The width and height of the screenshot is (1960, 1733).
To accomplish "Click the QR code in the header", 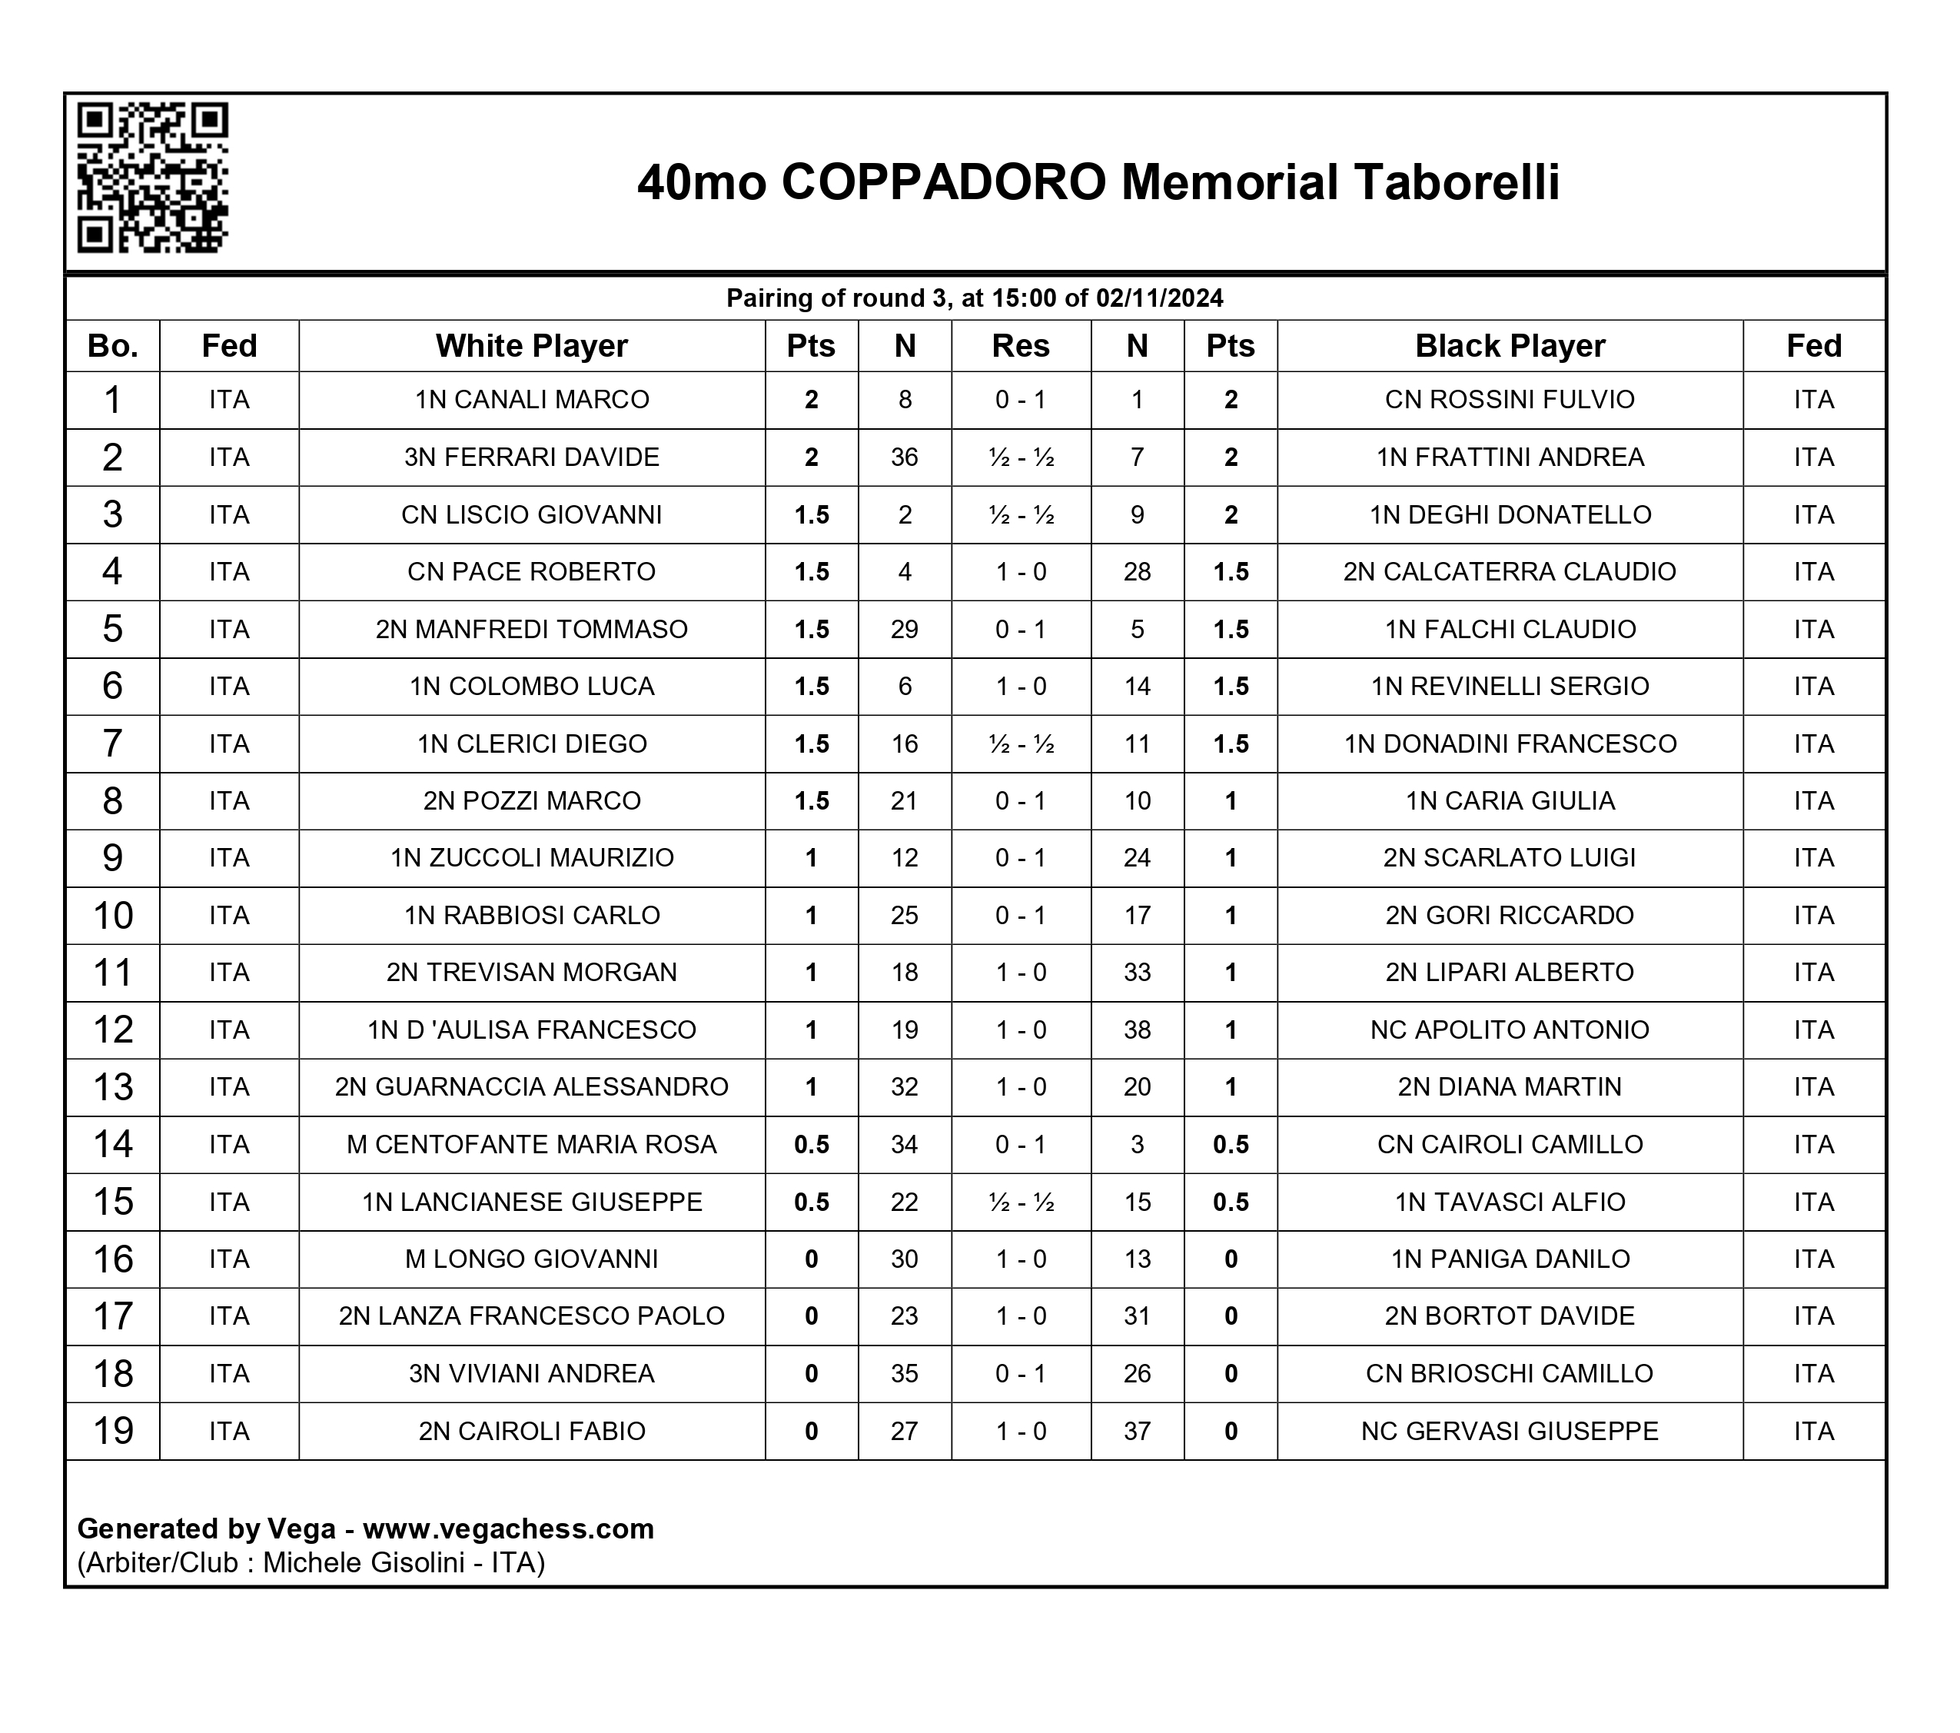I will point(151,178).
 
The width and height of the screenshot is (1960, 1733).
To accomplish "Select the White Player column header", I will point(531,346).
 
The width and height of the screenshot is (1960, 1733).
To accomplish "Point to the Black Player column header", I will point(1510,346).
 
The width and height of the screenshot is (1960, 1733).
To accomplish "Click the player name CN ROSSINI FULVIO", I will point(1510,400).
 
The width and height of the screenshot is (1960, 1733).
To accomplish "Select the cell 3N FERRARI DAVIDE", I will point(531,457).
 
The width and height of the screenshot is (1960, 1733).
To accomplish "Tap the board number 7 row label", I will point(112,744).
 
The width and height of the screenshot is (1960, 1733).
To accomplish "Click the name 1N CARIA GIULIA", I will point(1510,801).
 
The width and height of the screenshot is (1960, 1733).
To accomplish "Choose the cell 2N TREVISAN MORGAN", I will point(531,973).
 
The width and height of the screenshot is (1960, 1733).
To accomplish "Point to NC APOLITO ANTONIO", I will point(1510,1030).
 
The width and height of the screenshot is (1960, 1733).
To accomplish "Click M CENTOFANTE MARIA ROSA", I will point(531,1145).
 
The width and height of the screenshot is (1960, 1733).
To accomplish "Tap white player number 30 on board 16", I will point(904,1259).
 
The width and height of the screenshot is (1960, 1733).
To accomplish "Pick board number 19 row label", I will point(112,1431).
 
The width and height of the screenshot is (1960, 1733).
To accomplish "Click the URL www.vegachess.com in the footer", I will point(508,1528).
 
